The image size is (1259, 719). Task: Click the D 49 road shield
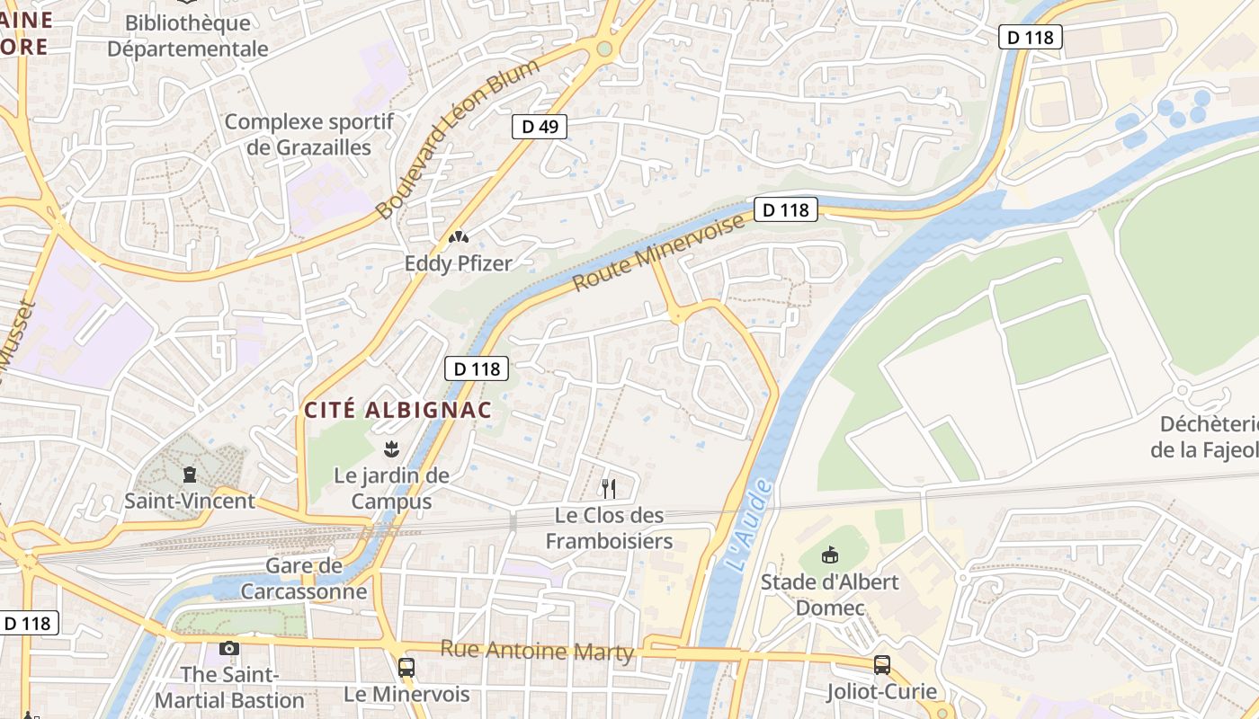540,127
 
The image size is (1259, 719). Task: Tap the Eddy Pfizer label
458,263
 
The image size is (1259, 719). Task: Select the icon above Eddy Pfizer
458,238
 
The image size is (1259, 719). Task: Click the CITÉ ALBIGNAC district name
398,411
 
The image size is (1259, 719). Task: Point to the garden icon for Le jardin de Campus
391,448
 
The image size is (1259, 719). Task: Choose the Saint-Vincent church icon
189,474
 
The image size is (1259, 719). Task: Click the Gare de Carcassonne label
304,579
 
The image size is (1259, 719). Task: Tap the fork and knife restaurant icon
609,488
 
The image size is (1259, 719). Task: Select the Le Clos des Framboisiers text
610,528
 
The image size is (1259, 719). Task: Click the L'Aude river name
746,526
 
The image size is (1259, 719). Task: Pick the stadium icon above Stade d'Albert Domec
829,555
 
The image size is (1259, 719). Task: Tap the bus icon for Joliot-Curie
882,665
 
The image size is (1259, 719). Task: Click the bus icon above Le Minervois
406,667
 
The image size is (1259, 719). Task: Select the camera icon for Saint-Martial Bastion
229,648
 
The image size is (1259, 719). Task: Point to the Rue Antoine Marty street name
537,652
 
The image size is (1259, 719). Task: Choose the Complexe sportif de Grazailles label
308,134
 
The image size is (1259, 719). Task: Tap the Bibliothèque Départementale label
188,36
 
